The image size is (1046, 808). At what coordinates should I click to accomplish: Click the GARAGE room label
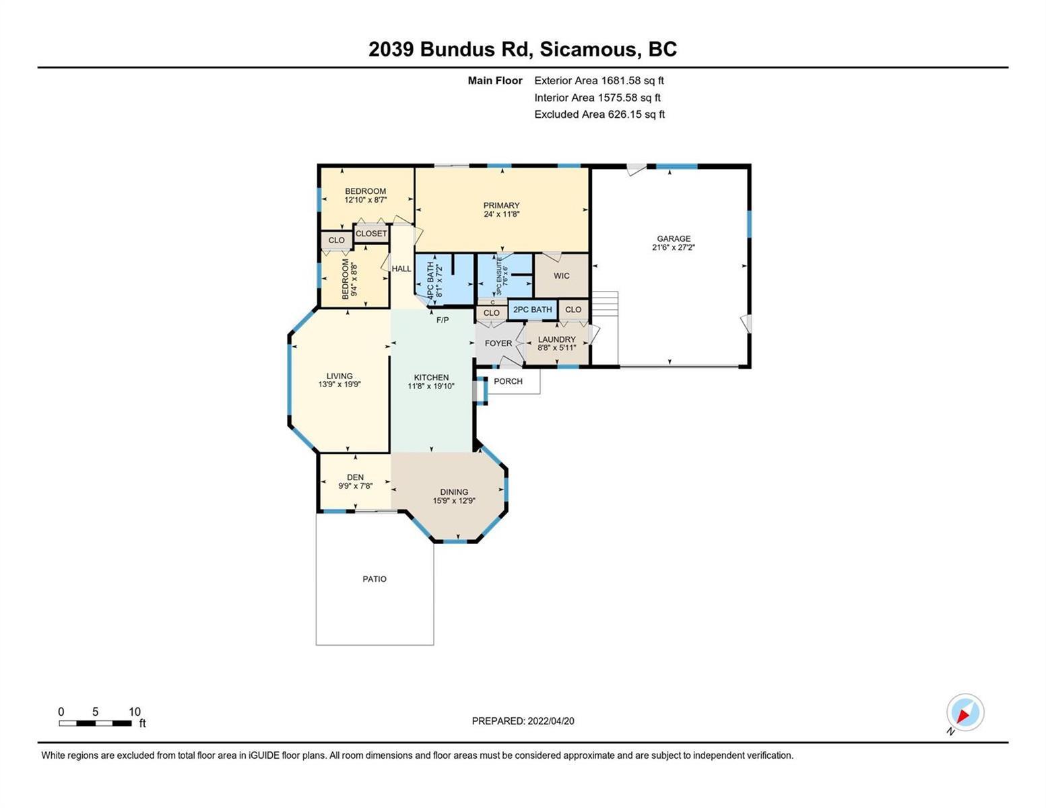coord(674,238)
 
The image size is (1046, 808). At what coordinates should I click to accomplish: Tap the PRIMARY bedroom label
coord(501,205)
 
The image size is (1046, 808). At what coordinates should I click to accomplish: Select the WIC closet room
coord(561,276)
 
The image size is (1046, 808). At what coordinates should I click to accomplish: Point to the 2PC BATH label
coord(532,310)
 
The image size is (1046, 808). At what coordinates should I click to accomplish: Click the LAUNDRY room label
coord(556,339)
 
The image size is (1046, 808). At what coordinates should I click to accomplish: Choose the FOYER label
coord(498,343)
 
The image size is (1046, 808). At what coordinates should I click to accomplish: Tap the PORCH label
coord(508,381)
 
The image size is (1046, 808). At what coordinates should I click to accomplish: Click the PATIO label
coord(374,579)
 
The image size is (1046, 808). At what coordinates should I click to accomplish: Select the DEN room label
coord(355,477)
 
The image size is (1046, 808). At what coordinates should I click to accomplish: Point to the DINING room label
coord(454,492)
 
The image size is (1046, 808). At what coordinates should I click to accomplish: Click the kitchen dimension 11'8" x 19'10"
coord(431,386)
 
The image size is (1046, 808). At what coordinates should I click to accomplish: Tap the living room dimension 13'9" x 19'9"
coord(339,384)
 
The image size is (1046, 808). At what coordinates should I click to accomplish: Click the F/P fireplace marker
coord(443,320)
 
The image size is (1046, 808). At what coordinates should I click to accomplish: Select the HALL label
coord(401,269)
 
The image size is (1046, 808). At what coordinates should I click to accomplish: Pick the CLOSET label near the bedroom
coord(371,234)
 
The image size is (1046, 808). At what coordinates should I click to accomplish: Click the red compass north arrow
coord(962,716)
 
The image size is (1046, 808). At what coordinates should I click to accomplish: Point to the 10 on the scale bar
coord(135,712)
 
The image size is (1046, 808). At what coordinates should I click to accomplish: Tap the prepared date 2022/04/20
coord(551,721)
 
